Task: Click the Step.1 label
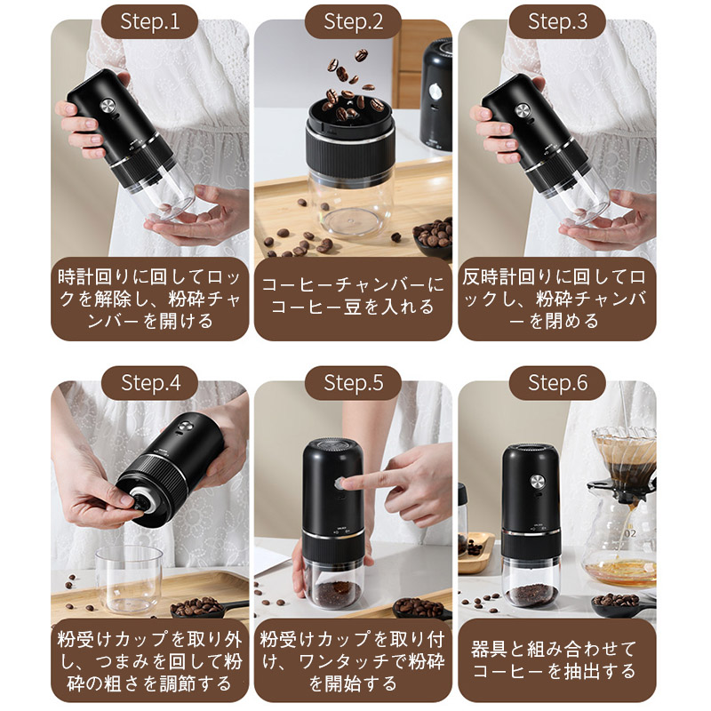(x=149, y=21)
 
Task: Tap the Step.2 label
(x=353, y=21)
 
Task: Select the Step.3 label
(x=557, y=21)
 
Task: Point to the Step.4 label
(x=149, y=383)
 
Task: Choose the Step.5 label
(x=353, y=383)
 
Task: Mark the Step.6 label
(x=557, y=383)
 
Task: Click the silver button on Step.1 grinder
(x=108, y=107)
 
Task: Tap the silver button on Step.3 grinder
(x=522, y=109)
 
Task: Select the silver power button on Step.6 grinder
(x=538, y=482)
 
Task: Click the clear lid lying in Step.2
(x=352, y=223)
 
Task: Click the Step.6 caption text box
(x=557, y=660)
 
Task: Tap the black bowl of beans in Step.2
(x=434, y=237)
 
